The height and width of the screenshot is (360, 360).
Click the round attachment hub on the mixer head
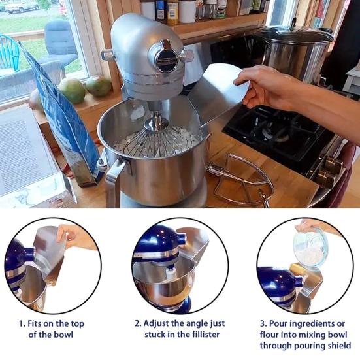[165, 56]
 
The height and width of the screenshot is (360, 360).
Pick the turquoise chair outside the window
[9, 53]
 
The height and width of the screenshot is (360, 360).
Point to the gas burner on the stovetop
[276, 133]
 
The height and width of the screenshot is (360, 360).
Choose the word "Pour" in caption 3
[279, 323]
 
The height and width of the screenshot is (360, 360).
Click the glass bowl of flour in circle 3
[310, 248]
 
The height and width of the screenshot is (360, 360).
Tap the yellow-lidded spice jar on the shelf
[172, 12]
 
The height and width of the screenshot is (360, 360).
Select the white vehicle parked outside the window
[22, 6]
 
